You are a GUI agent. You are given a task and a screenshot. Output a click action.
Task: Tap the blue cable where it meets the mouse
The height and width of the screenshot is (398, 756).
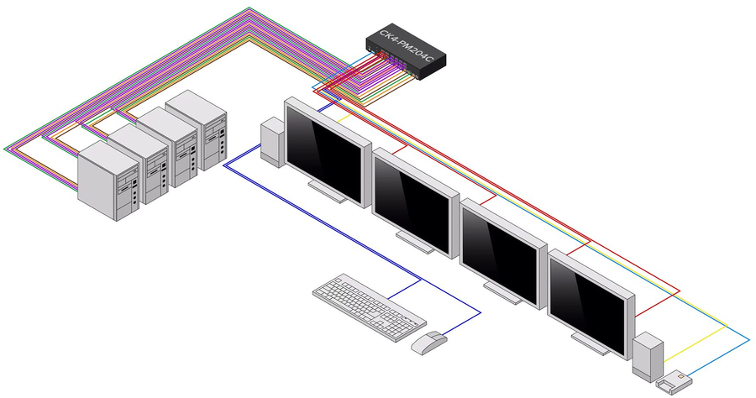[x=445, y=338]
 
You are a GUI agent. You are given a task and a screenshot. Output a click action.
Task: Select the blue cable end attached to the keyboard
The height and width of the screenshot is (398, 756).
[x=394, y=293]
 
